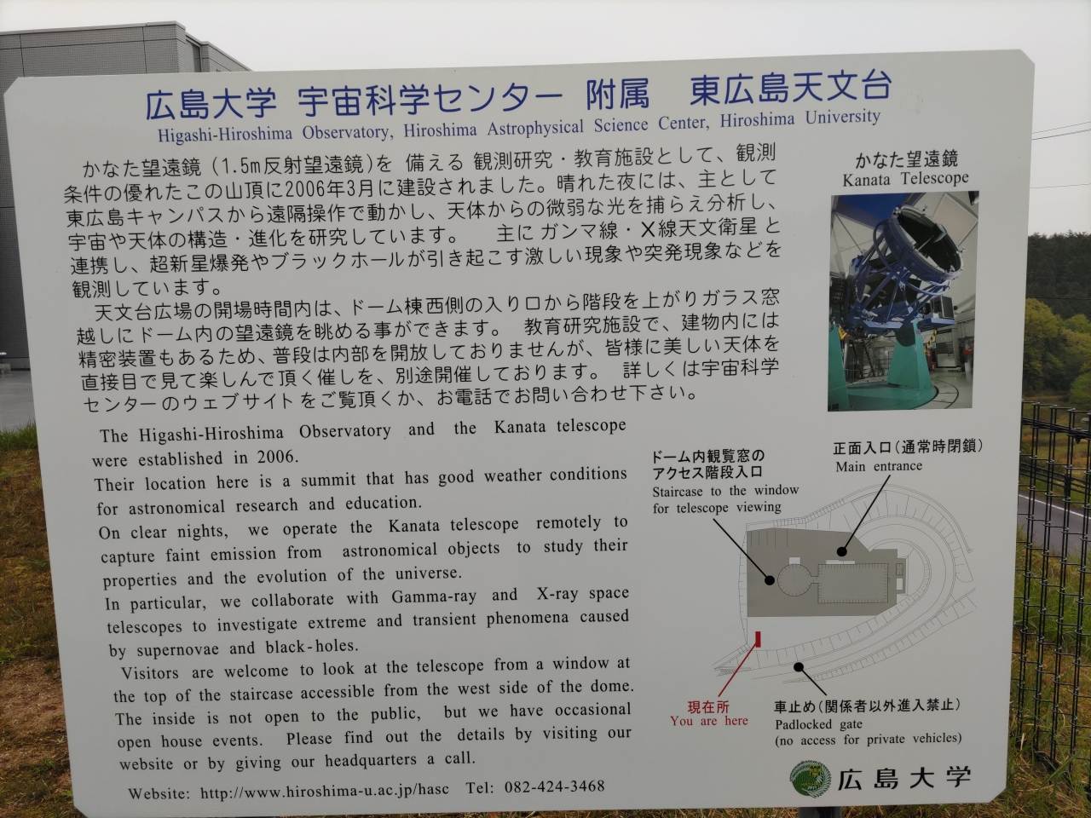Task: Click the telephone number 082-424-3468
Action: [555, 786]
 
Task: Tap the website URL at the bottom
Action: [324, 790]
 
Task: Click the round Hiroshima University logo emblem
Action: [811, 779]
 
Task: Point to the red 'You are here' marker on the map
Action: [758, 639]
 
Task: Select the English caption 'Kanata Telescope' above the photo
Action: [905, 178]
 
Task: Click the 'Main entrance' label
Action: [879, 466]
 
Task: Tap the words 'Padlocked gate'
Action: [818, 724]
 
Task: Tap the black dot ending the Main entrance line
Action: [841, 551]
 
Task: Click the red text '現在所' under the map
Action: [707, 706]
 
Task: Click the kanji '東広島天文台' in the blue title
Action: [790, 89]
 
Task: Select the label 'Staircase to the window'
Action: [725, 491]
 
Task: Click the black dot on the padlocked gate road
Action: [799, 667]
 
